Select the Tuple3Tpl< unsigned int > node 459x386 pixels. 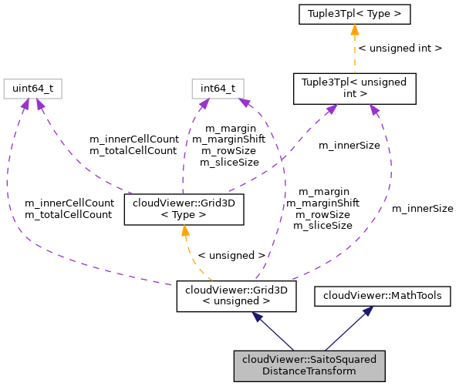pos(354,89)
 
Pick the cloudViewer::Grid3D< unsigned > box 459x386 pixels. pos(236,297)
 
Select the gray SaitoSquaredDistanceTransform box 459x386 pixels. pos(309,365)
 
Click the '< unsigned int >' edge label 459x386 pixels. pos(400,48)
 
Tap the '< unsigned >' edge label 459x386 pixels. pos(231,254)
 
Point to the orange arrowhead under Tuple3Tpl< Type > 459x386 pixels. pos(354,30)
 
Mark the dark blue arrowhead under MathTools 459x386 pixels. pos(370,311)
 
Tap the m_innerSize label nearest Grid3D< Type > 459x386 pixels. pos(349,145)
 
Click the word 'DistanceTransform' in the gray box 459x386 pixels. pos(309,371)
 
